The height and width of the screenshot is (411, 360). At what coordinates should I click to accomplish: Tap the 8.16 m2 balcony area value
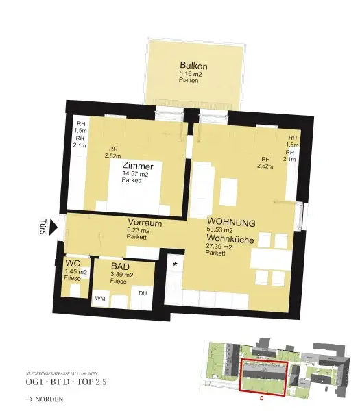coord(189,73)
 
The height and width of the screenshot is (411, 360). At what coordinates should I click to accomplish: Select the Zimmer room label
coord(138,166)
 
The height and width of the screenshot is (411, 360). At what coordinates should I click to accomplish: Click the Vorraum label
coord(144,223)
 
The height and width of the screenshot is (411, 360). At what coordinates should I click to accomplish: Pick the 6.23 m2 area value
coord(139,231)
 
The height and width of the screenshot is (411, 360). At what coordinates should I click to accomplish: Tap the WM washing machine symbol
coord(100,298)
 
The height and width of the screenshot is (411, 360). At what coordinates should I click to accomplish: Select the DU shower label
coord(143,293)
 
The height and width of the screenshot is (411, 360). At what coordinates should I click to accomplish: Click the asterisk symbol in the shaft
coord(176,264)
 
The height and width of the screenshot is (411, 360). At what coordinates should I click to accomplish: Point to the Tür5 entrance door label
coord(43,227)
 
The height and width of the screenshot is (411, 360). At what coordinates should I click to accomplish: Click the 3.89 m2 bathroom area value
coord(121,275)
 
